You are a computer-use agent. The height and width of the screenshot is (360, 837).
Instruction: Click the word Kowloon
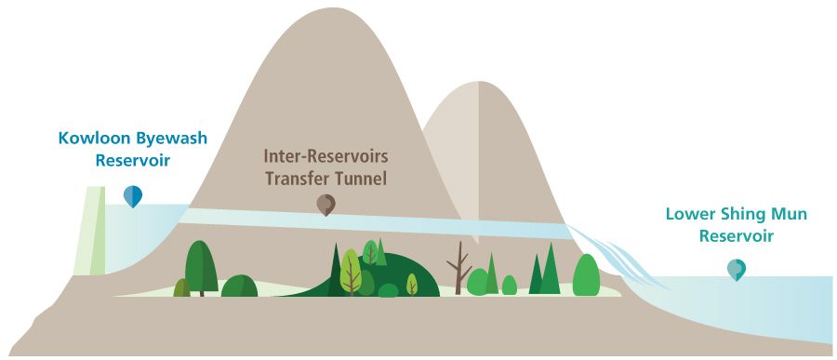tap(92, 140)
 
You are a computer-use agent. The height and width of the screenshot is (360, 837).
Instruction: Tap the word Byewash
tap(168, 140)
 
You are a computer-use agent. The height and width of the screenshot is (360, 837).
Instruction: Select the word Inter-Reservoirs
tap(325, 155)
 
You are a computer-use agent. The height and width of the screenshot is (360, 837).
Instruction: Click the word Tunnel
tap(361, 177)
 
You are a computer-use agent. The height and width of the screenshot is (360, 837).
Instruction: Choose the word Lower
tap(688, 215)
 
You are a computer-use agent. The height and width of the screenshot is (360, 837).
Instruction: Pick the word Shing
tap(740, 215)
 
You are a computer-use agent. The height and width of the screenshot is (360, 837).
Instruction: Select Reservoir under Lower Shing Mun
tap(736, 236)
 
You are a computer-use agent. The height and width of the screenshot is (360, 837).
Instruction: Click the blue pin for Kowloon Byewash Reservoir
tap(133, 195)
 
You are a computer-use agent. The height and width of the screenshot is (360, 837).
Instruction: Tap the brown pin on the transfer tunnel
tap(325, 205)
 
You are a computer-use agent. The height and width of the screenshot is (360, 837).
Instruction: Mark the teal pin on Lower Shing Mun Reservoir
tap(736, 269)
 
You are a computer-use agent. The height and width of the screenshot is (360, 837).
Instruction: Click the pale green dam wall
tap(93, 233)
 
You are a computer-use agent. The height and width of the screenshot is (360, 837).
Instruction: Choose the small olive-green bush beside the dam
tap(181, 288)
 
